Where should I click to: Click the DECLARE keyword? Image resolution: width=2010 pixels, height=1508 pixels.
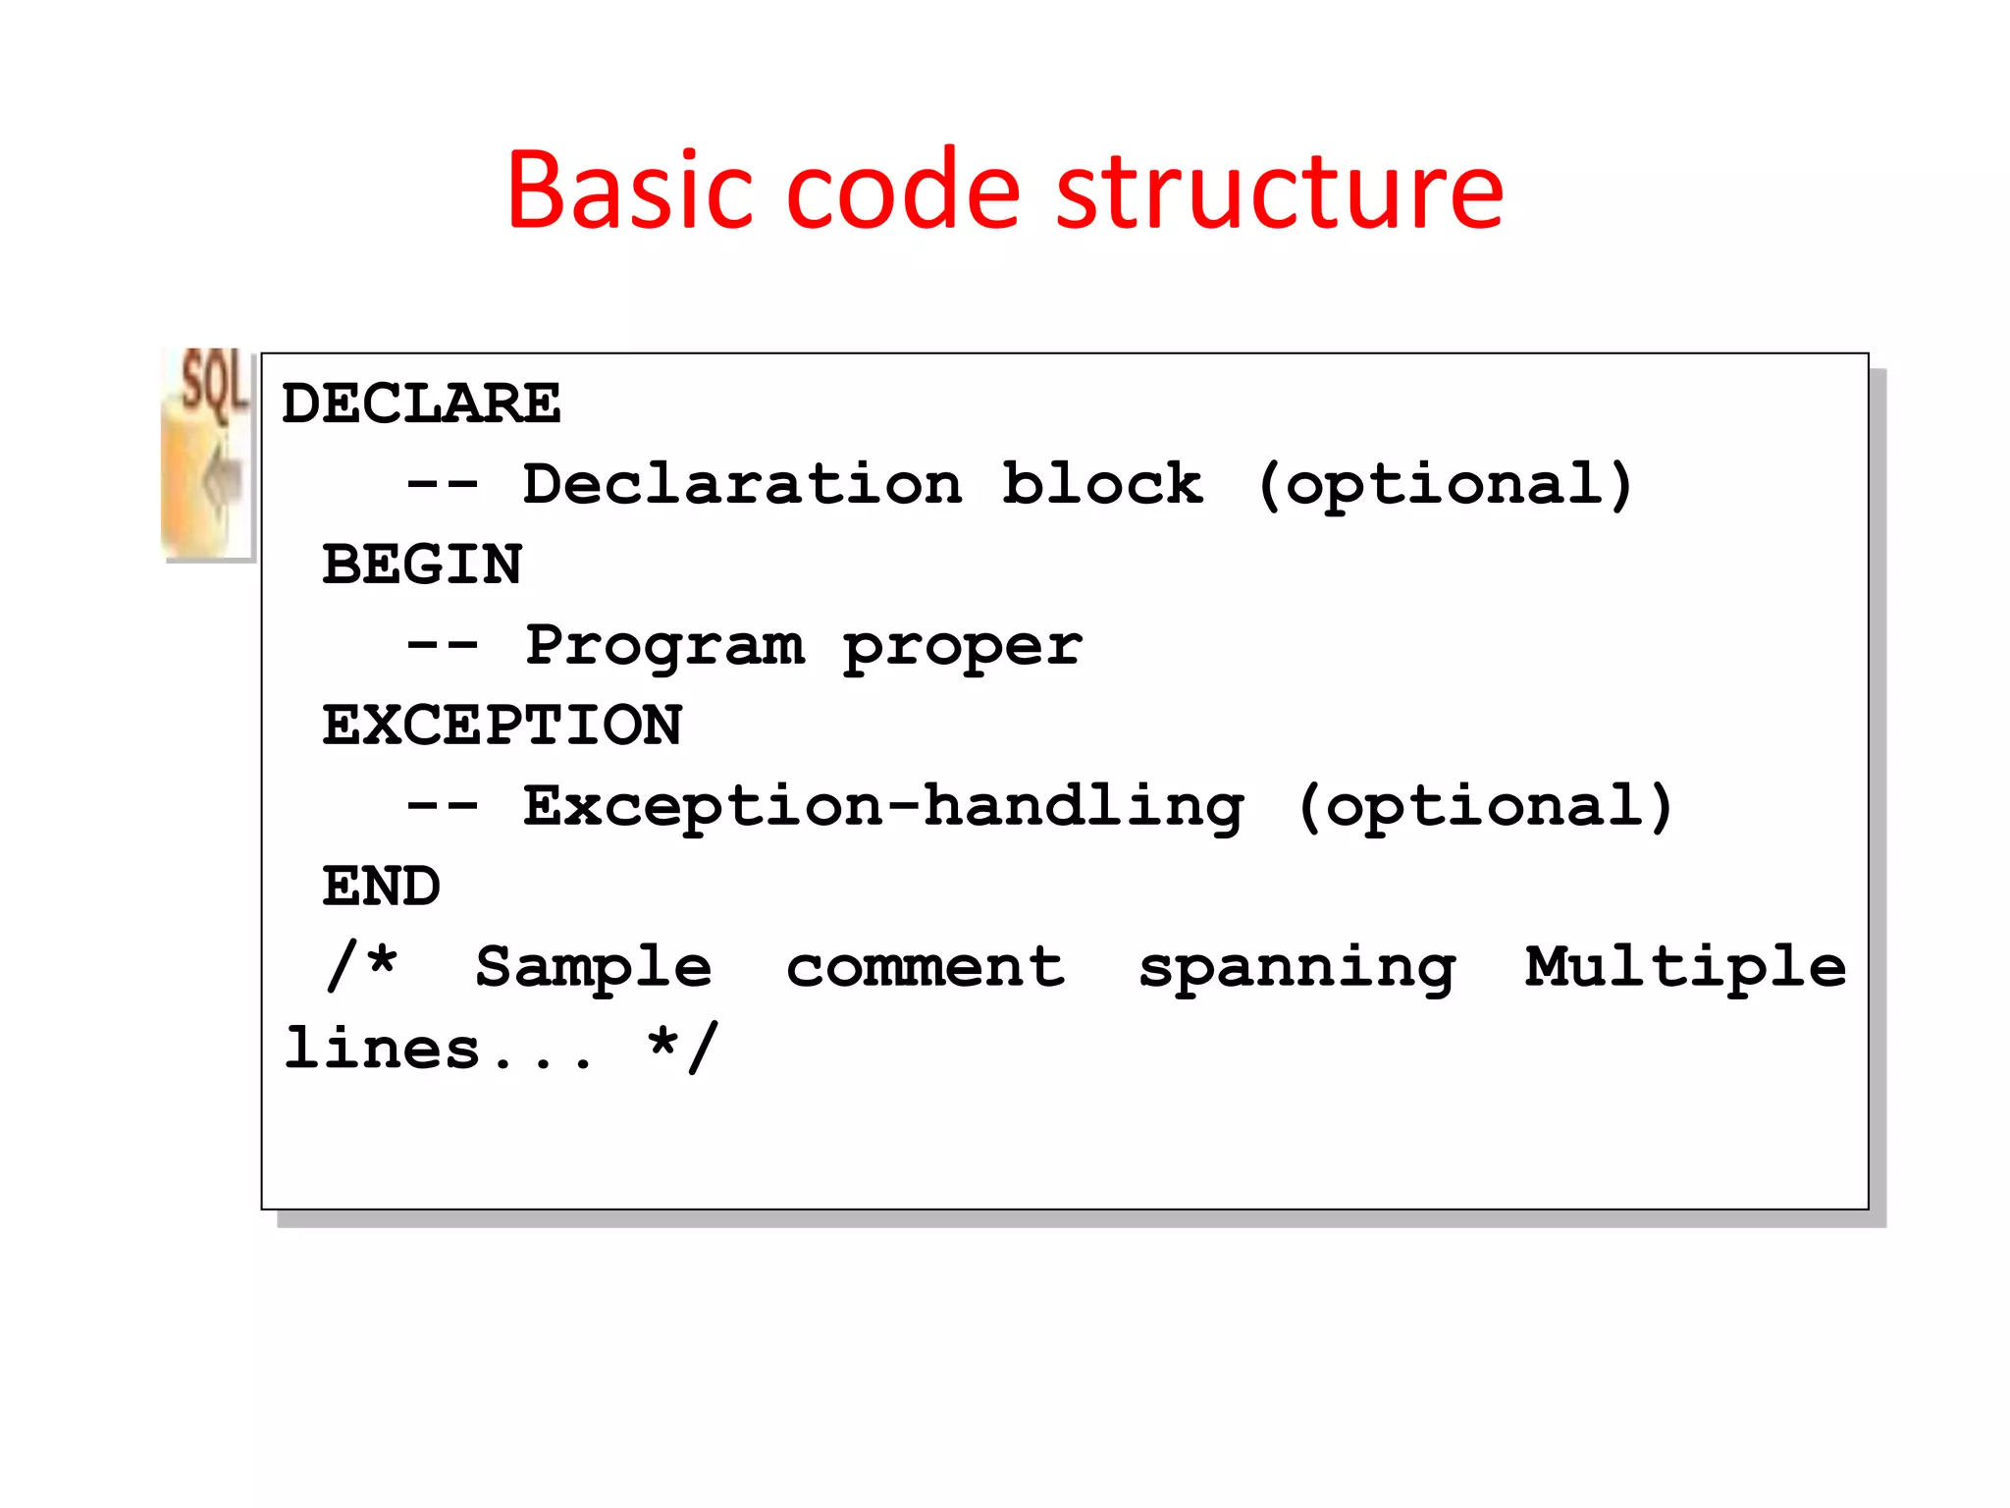[x=421, y=404]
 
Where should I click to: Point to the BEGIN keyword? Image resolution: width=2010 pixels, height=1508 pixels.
[x=422, y=565]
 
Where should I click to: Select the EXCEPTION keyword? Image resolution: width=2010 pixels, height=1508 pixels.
[x=502, y=726]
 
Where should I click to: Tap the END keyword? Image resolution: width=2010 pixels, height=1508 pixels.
[x=382, y=887]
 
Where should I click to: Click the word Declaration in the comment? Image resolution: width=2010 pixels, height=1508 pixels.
[x=742, y=484]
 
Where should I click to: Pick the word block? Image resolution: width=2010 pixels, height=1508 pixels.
[x=1101, y=484]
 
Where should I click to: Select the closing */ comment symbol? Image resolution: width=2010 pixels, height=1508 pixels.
[x=683, y=1048]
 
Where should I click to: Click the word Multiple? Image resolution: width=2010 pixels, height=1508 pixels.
[x=1684, y=968]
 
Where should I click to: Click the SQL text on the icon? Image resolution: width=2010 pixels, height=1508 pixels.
[x=214, y=383]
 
